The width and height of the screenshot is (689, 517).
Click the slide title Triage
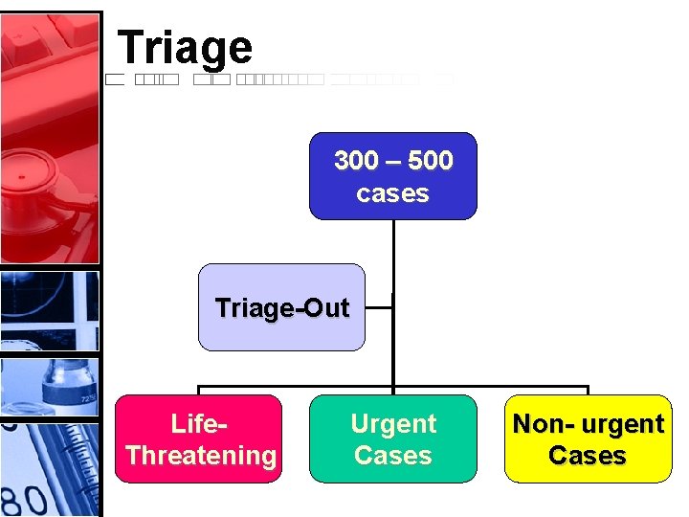(x=185, y=47)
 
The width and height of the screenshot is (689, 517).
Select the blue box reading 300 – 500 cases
(x=392, y=176)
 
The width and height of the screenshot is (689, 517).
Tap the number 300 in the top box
(x=356, y=161)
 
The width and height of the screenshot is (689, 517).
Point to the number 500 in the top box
(x=430, y=161)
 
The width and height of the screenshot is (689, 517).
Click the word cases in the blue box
(x=392, y=193)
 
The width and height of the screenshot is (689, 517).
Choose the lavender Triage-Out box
(x=281, y=307)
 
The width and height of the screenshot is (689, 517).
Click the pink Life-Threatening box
(x=199, y=438)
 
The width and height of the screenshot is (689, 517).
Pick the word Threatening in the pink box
(x=200, y=455)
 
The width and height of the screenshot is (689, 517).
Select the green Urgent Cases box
(x=392, y=438)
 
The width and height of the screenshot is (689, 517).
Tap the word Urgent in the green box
(x=393, y=423)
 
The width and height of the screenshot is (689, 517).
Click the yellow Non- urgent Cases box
(x=588, y=438)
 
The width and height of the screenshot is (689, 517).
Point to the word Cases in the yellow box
(x=588, y=455)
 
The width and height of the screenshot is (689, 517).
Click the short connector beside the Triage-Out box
(x=379, y=307)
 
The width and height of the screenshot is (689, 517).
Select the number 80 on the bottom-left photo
(x=24, y=499)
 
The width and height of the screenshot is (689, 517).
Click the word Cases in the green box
(x=392, y=455)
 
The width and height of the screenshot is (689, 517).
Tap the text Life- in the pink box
(x=199, y=423)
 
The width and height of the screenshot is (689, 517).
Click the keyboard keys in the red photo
(x=48, y=48)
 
